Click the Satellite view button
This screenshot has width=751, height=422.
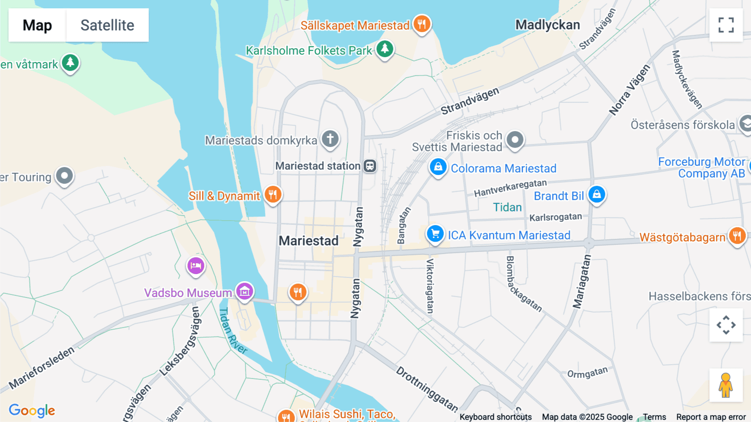(x=107, y=25)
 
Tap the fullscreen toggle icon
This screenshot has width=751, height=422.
(x=726, y=25)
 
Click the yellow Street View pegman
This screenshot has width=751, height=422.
(x=726, y=385)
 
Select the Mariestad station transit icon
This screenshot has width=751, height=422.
(x=370, y=166)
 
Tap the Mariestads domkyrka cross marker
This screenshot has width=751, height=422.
(x=330, y=139)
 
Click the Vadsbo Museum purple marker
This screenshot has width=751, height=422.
(x=244, y=291)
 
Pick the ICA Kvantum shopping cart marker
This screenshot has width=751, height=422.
(x=435, y=234)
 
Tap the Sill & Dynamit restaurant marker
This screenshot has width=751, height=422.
(x=273, y=194)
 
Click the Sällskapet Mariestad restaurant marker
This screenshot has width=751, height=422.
(x=422, y=24)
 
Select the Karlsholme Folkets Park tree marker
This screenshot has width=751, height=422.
(x=385, y=49)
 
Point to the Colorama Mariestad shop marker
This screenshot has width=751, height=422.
(x=438, y=167)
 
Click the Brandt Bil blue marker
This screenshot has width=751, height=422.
(x=597, y=194)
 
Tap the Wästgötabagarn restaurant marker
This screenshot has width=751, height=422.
(x=737, y=236)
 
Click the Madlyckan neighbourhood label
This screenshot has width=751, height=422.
(x=547, y=25)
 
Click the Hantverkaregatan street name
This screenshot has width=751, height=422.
(x=510, y=188)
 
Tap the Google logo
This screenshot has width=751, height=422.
(x=32, y=410)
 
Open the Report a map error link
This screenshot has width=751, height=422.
(x=711, y=417)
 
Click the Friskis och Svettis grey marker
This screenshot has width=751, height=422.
(x=515, y=140)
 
